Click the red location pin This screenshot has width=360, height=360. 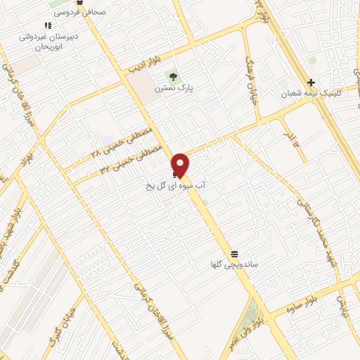(181, 165)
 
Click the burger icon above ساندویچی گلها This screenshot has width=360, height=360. (234, 253)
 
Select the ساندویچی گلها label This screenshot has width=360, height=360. (235, 265)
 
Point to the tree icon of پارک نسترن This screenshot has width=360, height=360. (172, 76)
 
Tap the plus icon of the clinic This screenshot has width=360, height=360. (311, 82)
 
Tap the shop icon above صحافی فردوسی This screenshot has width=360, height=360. (79, 2)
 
